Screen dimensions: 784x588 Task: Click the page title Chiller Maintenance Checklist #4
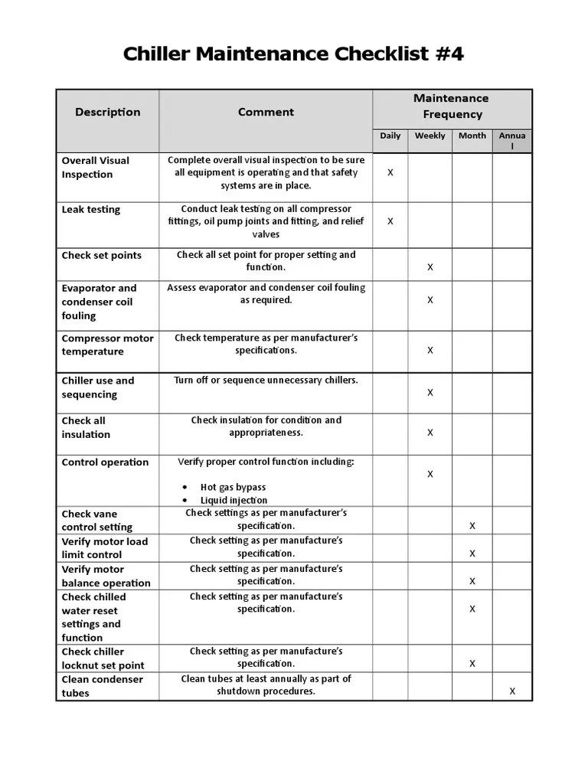(x=293, y=54)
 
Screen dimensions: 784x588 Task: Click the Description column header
(x=107, y=112)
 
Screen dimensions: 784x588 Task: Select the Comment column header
(x=266, y=112)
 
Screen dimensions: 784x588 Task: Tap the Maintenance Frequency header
(x=452, y=106)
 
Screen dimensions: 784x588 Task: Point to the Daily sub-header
(x=390, y=136)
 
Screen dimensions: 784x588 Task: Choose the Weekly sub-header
(x=430, y=136)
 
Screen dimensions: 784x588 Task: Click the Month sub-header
(x=472, y=136)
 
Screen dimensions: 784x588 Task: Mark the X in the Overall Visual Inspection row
(x=390, y=173)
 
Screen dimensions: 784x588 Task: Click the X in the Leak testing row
(x=390, y=221)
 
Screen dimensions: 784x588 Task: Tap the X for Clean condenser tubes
(x=512, y=691)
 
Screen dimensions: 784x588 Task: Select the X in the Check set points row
(x=430, y=267)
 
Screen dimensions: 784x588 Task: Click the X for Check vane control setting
(x=472, y=526)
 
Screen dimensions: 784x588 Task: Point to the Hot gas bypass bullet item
(x=233, y=487)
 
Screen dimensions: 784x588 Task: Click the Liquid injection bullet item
(x=234, y=501)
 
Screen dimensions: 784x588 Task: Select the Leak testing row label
(x=90, y=209)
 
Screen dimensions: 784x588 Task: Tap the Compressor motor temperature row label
(x=107, y=345)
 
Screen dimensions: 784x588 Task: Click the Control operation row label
(x=105, y=462)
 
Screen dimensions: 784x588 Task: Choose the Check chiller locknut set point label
(x=103, y=658)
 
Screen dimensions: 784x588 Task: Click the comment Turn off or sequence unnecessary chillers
(x=266, y=380)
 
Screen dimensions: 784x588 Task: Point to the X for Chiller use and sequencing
(x=430, y=393)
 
